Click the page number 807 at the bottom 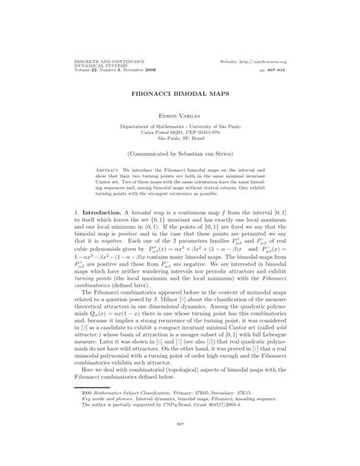180,444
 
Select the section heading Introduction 79,206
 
